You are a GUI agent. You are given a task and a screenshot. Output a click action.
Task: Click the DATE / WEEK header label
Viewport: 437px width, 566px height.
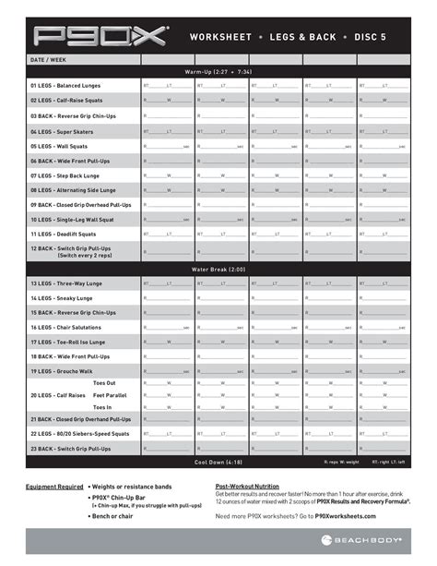click(49, 59)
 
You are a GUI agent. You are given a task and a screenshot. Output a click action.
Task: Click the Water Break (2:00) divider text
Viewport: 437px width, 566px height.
click(219, 269)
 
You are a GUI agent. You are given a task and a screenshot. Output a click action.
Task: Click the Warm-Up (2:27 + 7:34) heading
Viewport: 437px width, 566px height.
click(219, 70)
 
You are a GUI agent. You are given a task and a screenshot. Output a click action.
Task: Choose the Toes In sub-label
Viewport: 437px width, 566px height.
click(104, 406)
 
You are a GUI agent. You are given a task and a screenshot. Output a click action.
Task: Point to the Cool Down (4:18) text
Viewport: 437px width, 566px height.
click(219, 462)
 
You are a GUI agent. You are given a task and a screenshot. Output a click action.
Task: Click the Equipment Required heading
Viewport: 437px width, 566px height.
click(53, 486)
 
